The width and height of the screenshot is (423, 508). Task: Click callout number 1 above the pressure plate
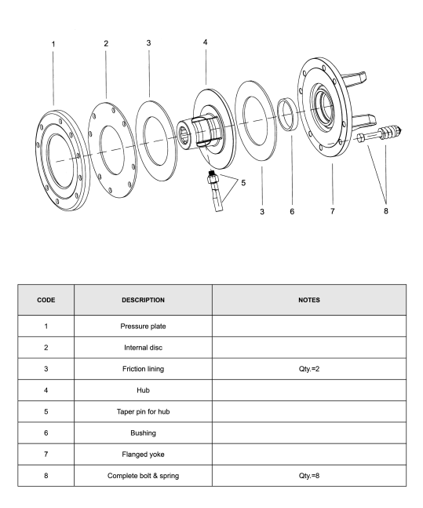click(x=53, y=44)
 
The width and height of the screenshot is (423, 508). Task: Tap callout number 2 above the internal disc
click(x=106, y=43)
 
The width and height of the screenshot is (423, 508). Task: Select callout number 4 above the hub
click(x=206, y=42)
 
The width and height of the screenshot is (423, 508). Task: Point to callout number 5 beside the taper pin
click(x=243, y=183)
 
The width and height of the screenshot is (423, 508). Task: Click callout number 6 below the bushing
click(x=292, y=211)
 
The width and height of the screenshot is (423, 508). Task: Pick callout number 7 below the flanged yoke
click(x=332, y=211)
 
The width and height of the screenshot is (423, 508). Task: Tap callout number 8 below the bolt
click(x=386, y=211)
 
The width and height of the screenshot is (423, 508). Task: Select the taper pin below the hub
click(x=215, y=191)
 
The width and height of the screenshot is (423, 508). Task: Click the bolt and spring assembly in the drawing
click(x=379, y=134)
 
